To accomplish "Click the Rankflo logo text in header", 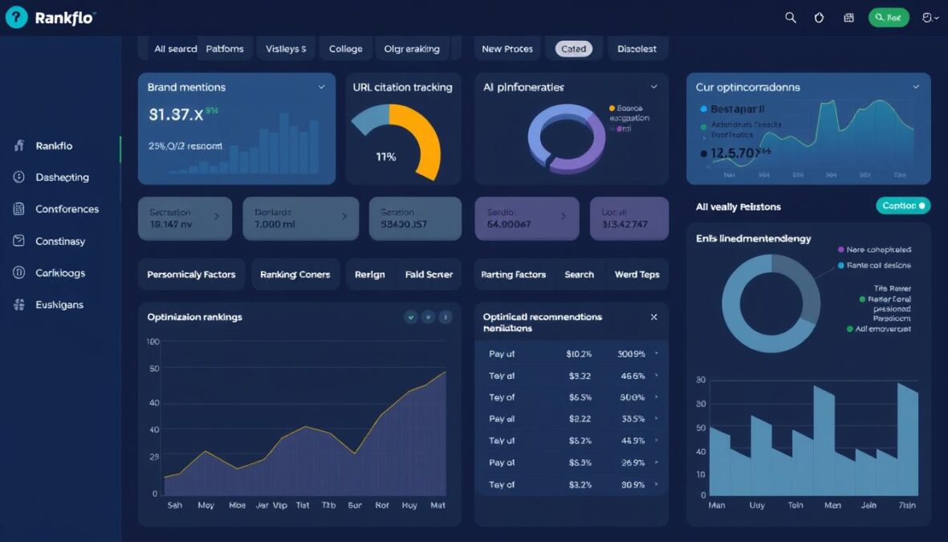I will point(64,18).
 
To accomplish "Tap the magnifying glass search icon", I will point(791,18).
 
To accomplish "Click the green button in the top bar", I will point(889,18).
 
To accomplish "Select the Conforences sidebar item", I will point(67,209).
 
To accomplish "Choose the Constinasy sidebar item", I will point(60,241).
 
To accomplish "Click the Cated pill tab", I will point(573,49).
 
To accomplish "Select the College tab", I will point(345,49).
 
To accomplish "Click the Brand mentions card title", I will point(186,87).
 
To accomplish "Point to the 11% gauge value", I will point(386,157).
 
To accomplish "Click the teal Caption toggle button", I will point(903,206).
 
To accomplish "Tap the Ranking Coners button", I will point(295,275).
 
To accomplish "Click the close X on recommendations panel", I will point(653,317).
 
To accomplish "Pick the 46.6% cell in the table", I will point(633,376).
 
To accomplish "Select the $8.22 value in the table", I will point(580,419).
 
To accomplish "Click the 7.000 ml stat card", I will point(295,218).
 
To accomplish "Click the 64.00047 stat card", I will point(527,218).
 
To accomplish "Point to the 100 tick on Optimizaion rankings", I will point(153,342).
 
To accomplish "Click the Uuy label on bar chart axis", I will point(756,506).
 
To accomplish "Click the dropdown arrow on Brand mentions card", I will point(322,87).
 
